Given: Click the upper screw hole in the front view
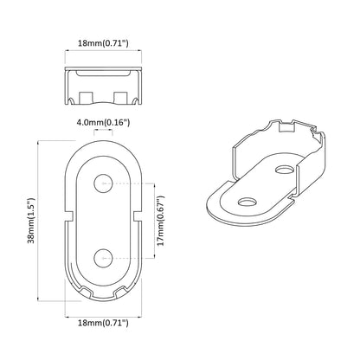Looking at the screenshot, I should coord(103,183).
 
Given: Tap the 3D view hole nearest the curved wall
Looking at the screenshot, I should coord(284,167).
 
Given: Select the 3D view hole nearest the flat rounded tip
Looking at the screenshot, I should coord(245,201).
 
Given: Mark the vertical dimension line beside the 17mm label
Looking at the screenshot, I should coord(153,220).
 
